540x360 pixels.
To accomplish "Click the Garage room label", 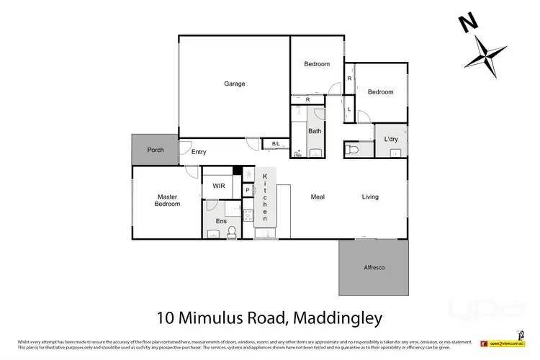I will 234,84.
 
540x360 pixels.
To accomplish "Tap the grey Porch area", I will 155,150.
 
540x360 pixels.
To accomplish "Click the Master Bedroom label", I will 167,200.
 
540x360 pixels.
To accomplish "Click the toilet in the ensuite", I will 232,231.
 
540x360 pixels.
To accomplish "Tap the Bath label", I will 315,131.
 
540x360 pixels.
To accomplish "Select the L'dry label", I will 391,138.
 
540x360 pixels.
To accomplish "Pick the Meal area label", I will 319,197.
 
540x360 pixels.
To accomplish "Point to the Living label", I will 370,197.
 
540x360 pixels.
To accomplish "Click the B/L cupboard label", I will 275,145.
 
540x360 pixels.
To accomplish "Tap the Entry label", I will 199,152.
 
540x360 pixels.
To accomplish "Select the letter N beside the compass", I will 469,24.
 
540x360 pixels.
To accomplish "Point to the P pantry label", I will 247,190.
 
